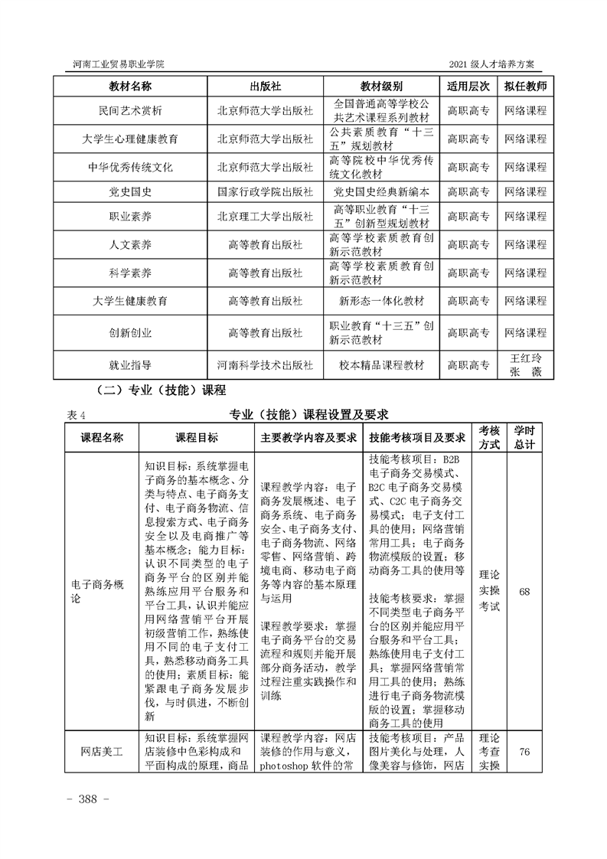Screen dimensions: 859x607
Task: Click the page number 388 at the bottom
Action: pos(90,799)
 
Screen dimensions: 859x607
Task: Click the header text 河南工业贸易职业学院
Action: pos(114,63)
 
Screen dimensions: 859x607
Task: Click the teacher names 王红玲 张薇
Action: pos(526,365)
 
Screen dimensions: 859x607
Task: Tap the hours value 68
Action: pos(524,591)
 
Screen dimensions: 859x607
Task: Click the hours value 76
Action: pos(524,752)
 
